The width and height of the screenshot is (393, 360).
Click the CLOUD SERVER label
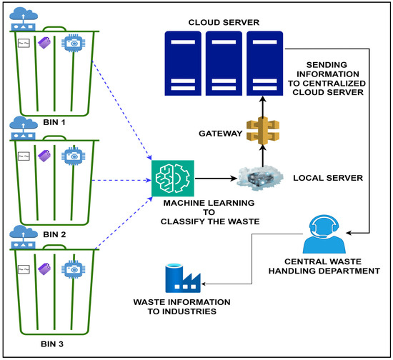pyautogui.click(x=224, y=23)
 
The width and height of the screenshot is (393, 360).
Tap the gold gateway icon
pyautogui.click(x=263, y=131)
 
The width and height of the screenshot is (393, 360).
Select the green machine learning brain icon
pyautogui.click(x=173, y=179)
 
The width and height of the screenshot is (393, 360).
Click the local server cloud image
pyautogui.click(x=260, y=178)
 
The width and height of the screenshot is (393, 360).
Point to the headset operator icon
pyautogui.click(x=324, y=234)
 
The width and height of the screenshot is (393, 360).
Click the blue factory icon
pyautogui.click(x=183, y=278)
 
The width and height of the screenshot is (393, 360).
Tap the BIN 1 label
pyautogui.click(x=54, y=122)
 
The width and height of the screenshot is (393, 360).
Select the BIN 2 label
pyautogui.click(x=54, y=234)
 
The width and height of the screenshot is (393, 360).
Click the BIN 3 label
pyautogui.click(x=52, y=344)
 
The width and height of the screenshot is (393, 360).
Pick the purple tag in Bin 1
pyautogui.click(x=44, y=43)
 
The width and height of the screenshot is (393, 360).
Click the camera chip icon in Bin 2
pyautogui.click(x=73, y=156)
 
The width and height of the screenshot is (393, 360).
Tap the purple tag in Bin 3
pyautogui.click(x=44, y=269)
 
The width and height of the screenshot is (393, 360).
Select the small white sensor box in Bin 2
pyautogui.click(x=24, y=156)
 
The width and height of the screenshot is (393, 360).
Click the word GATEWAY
pyautogui.click(x=221, y=134)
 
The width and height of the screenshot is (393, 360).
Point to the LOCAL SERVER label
pyautogui.click(x=328, y=178)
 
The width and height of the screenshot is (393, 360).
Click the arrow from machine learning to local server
pyautogui.click(x=216, y=179)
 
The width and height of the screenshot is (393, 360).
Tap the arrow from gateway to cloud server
pyautogui.click(x=263, y=106)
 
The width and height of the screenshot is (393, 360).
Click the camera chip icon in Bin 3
pyautogui.click(x=73, y=269)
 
